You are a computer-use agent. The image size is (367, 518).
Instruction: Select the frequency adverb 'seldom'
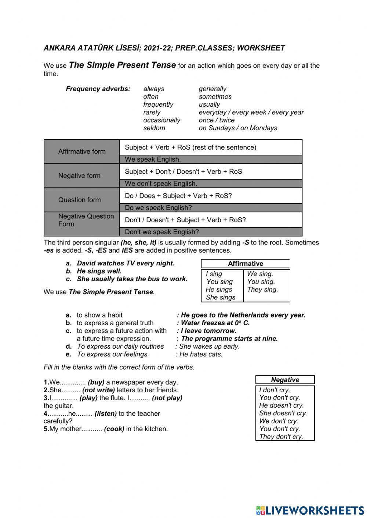154,128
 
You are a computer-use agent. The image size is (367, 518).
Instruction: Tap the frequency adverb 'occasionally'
161,120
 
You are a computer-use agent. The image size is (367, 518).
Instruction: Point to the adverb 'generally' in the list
212,89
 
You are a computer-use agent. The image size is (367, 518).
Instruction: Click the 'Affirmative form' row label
82,151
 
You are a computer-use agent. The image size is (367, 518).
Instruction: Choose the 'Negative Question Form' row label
86,220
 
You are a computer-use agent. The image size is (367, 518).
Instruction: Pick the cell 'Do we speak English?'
158,208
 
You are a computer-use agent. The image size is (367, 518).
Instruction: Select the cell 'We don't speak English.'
161,184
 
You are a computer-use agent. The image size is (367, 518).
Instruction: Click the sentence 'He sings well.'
99,271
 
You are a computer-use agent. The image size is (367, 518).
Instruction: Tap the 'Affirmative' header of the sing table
245,264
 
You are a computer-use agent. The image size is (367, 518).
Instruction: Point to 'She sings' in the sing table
220,297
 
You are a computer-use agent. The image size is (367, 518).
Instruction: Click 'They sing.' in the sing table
262,290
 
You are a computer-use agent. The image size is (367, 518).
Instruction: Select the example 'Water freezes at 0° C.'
215,323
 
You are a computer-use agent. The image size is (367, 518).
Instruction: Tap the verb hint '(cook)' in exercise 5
114,429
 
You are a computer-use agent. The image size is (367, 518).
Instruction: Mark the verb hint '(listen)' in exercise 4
106,414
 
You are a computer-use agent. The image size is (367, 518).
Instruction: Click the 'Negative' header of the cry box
285,380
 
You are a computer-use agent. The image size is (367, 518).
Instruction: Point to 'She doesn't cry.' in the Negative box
283,413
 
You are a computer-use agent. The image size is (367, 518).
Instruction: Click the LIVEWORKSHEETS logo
310,510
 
